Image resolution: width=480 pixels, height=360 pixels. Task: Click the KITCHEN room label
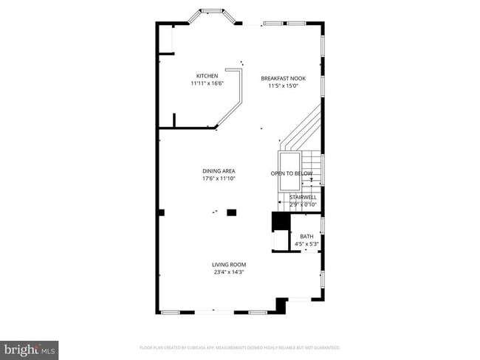coord(206,76)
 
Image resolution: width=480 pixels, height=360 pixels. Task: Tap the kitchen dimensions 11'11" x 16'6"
coord(206,83)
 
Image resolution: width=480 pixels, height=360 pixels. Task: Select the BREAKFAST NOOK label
coord(283,77)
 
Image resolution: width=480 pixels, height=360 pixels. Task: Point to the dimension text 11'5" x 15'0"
coord(283,86)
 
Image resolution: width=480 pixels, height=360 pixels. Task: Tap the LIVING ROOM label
coord(229,264)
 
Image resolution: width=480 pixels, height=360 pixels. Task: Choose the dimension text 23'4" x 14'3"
coord(229,272)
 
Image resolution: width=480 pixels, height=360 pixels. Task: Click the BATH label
coord(306,236)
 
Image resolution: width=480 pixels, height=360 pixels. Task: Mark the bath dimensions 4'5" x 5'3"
coord(306,243)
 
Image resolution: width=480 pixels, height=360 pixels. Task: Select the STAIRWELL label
coord(303,197)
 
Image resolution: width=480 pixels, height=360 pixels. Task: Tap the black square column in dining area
coord(231,212)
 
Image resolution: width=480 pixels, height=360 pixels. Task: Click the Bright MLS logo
coord(30,349)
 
